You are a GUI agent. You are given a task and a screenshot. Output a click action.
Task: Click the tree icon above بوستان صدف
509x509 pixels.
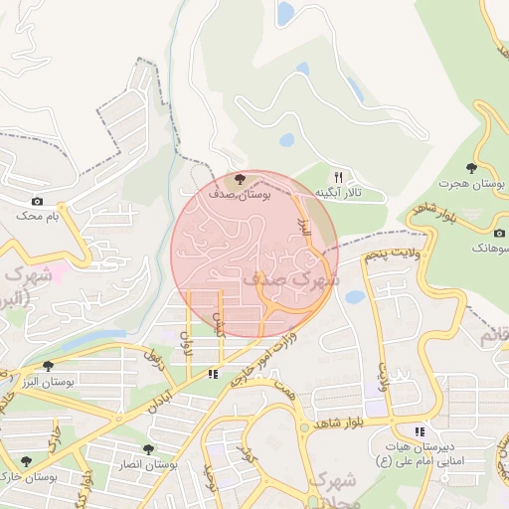(x=239, y=179)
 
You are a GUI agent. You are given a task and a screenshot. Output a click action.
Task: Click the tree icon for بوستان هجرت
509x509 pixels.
(x=471, y=168)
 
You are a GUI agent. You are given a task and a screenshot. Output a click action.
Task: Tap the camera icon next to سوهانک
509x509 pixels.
(x=499, y=233)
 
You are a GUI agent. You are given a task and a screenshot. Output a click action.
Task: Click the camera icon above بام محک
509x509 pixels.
(x=38, y=201)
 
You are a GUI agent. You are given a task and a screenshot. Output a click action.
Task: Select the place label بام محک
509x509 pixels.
(x=38, y=215)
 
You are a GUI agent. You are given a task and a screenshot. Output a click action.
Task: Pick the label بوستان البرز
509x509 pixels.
(x=48, y=382)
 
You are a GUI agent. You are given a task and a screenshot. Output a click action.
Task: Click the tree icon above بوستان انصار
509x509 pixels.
(x=149, y=449)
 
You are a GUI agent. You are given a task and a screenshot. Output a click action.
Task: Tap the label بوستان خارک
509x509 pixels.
(x=30, y=477)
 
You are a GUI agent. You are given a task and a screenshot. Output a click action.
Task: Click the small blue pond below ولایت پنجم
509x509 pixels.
(x=356, y=296)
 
